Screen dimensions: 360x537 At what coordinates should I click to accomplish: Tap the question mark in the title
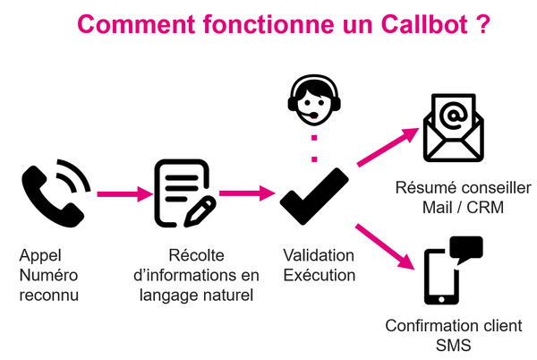pos(483,23)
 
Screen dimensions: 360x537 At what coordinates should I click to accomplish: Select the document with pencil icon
pos(184,192)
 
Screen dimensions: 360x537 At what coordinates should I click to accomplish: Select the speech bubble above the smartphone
pos(465,248)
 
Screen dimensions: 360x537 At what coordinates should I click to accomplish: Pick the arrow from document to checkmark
pos(245,192)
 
